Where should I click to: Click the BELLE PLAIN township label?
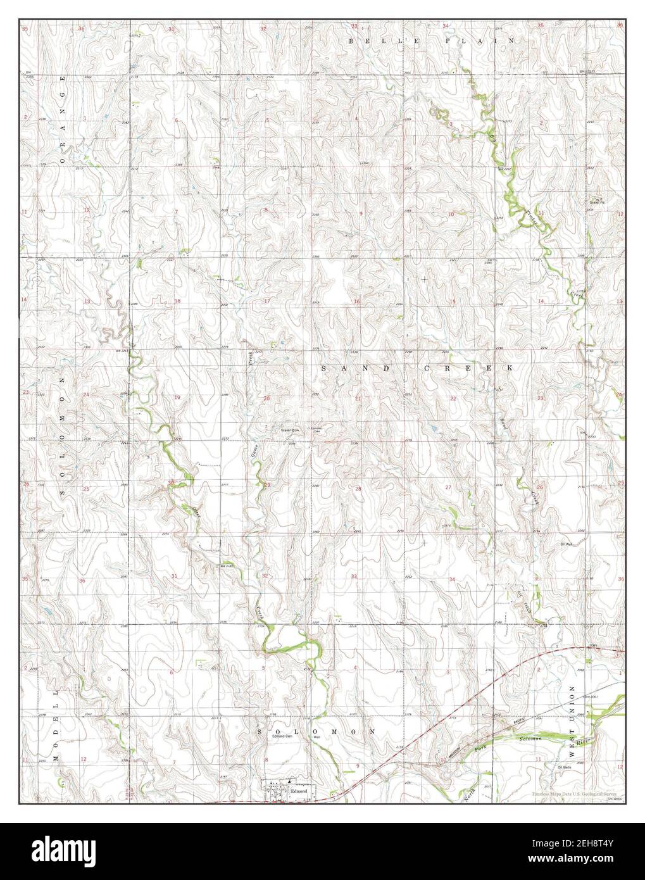tap(432, 41)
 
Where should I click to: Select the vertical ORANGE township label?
tap(63, 120)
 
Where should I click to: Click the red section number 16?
tap(357, 302)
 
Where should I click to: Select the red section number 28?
tap(358, 489)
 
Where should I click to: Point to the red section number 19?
tap(177, 398)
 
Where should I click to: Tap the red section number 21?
tap(358, 398)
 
